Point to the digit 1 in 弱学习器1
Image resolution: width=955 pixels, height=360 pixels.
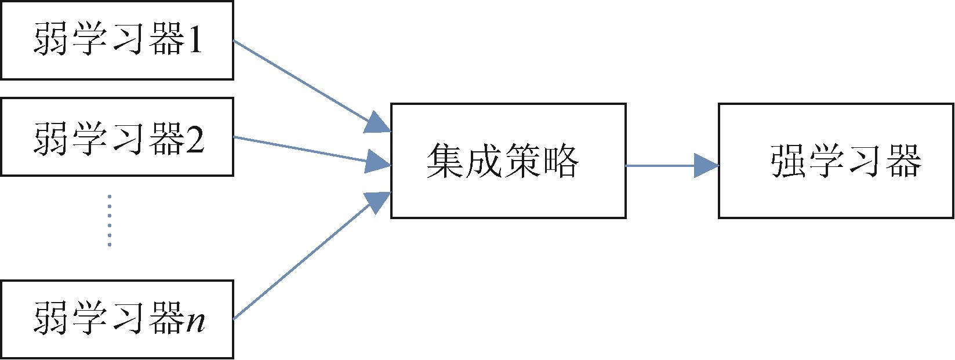click(194, 39)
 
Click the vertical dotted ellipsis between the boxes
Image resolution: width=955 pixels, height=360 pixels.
click(110, 220)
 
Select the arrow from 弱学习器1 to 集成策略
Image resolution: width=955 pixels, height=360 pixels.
click(311, 86)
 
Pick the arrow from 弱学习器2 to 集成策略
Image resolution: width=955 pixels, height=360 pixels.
click(312, 151)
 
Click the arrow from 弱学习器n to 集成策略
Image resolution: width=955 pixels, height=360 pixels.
click(312, 256)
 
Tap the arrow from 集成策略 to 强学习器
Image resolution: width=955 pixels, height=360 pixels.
click(673, 165)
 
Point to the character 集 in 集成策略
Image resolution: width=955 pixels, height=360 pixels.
click(444, 161)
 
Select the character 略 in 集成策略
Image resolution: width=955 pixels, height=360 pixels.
click(561, 161)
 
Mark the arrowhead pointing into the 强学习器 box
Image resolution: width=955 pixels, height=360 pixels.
click(706, 165)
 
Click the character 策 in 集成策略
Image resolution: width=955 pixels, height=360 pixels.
click(522, 161)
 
